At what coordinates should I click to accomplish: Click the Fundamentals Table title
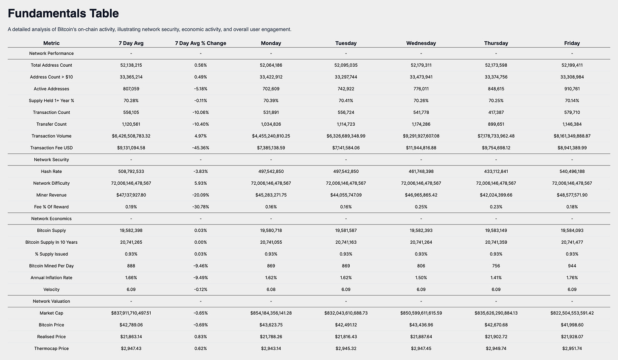click(63, 14)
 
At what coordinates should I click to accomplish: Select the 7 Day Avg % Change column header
click(200, 43)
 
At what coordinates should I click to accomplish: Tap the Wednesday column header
click(421, 43)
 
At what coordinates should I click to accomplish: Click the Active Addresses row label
click(51, 89)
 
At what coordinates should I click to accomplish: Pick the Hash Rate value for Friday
click(572, 172)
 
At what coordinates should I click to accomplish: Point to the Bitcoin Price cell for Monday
click(271, 325)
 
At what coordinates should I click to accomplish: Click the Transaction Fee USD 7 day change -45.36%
click(200, 148)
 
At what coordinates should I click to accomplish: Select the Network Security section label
click(51, 160)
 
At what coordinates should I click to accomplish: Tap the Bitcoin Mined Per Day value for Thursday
click(496, 266)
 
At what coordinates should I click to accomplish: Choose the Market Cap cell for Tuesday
click(346, 313)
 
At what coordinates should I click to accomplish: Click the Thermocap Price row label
click(51, 349)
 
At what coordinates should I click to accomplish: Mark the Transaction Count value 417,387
click(496, 112)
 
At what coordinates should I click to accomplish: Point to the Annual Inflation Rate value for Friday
click(572, 278)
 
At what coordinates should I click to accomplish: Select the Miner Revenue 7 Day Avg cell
click(131, 195)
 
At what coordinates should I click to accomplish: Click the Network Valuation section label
click(51, 301)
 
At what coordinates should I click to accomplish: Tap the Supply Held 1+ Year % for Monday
click(271, 101)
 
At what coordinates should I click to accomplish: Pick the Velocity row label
click(51, 290)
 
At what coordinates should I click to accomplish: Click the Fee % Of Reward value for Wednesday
click(421, 207)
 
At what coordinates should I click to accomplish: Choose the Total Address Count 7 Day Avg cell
click(131, 65)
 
